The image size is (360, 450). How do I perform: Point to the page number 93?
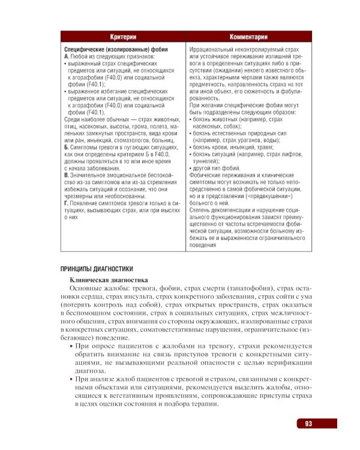[x=308, y=424]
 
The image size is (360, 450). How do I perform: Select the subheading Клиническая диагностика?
[x=107, y=280]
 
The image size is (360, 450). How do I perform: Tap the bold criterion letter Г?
[x=66, y=203]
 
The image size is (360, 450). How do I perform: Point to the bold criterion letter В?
[x=66, y=175]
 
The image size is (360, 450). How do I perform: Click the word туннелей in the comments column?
[x=207, y=161]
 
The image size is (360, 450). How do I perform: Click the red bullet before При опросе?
[x=72, y=347]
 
